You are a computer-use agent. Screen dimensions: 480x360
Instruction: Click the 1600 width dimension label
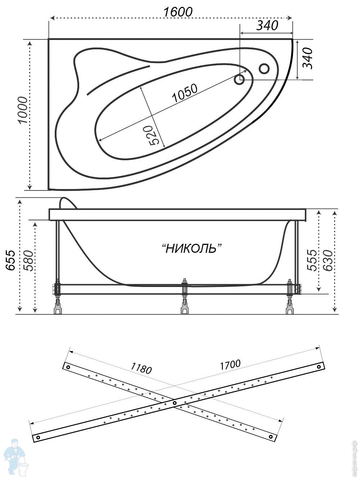(178, 12)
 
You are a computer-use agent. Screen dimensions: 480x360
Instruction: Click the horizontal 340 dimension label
(267, 26)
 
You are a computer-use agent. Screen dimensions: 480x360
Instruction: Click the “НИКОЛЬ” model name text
(191, 248)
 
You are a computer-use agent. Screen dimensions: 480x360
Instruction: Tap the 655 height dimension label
(10, 260)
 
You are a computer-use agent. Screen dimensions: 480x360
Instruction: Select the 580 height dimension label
(28, 260)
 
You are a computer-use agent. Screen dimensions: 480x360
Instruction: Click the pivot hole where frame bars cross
(175, 403)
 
